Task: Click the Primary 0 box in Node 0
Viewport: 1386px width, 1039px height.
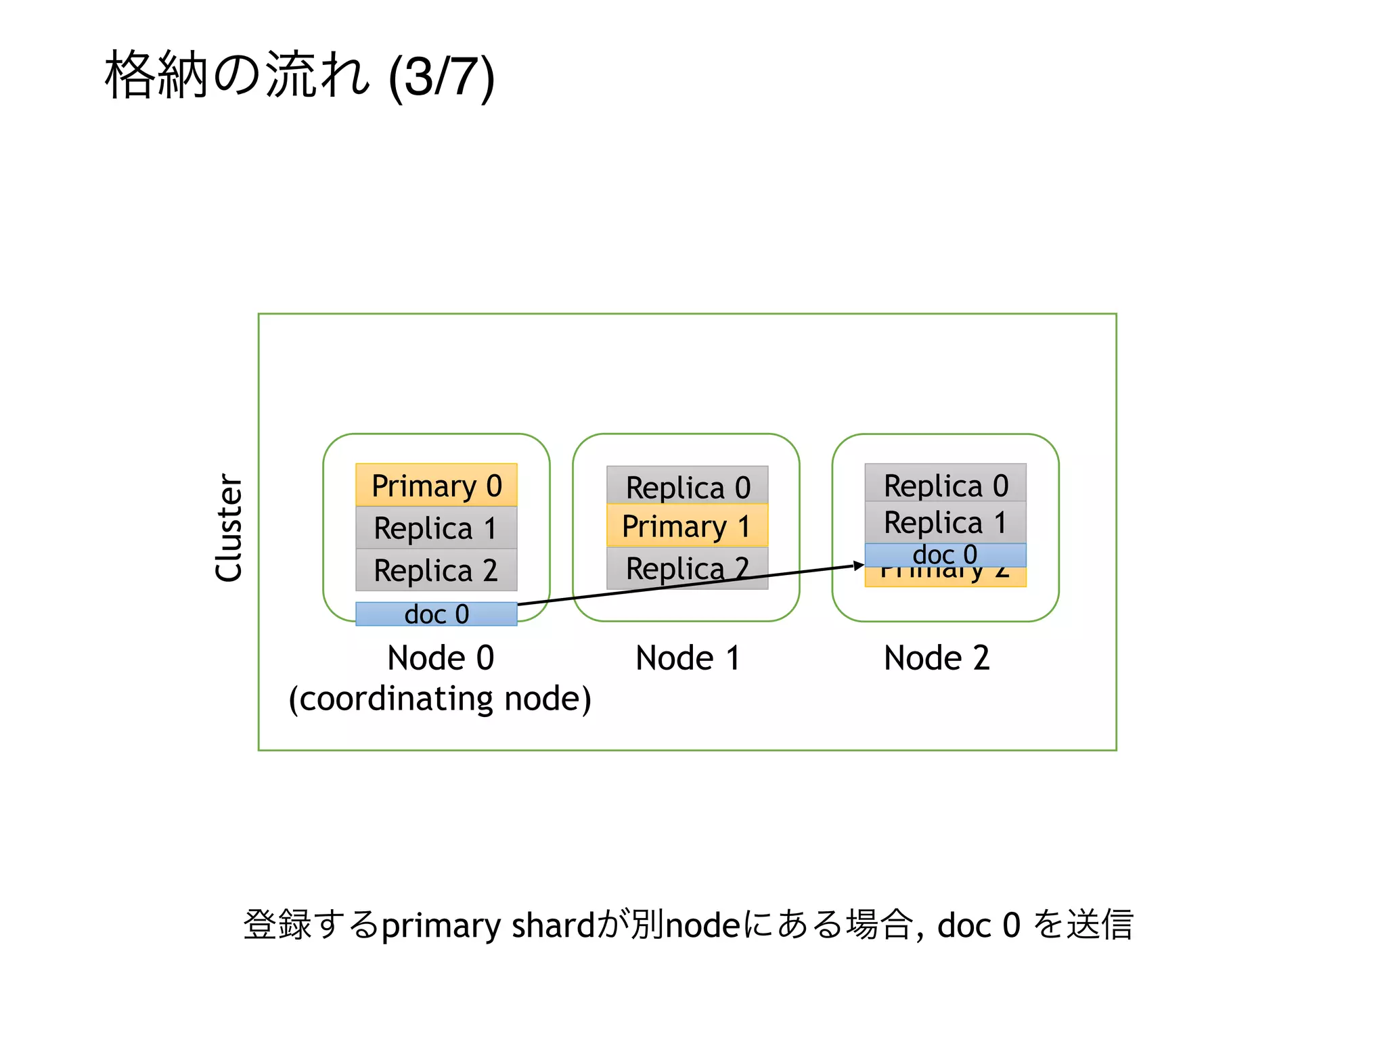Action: tap(437, 485)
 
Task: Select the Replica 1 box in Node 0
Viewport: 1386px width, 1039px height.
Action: tap(437, 528)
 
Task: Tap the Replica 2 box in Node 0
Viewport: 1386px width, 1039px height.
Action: tap(437, 570)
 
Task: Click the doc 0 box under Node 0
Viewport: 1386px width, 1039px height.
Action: tap(437, 614)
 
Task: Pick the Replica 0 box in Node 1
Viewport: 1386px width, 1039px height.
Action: tap(688, 486)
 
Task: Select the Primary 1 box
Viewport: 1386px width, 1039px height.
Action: tap(688, 526)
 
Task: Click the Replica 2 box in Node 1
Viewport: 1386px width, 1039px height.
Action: tap(688, 567)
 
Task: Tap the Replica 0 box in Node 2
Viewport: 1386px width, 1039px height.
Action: tap(945, 484)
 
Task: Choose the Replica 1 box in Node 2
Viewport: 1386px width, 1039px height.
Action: tap(945, 522)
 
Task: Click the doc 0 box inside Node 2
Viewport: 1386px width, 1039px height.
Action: tap(945, 555)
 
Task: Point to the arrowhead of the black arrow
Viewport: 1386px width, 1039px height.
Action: tap(859, 565)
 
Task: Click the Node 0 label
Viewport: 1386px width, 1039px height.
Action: tap(441, 657)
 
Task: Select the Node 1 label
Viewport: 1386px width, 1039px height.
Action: tap(688, 657)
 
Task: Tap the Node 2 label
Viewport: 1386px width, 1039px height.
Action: tap(937, 657)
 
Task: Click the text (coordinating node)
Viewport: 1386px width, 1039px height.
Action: tap(440, 699)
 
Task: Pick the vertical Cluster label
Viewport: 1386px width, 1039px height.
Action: tap(229, 528)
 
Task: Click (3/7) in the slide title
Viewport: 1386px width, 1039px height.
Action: tap(442, 76)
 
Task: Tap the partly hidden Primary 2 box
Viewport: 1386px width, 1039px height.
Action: tap(945, 576)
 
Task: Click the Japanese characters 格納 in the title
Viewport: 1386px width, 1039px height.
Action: tap(156, 75)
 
